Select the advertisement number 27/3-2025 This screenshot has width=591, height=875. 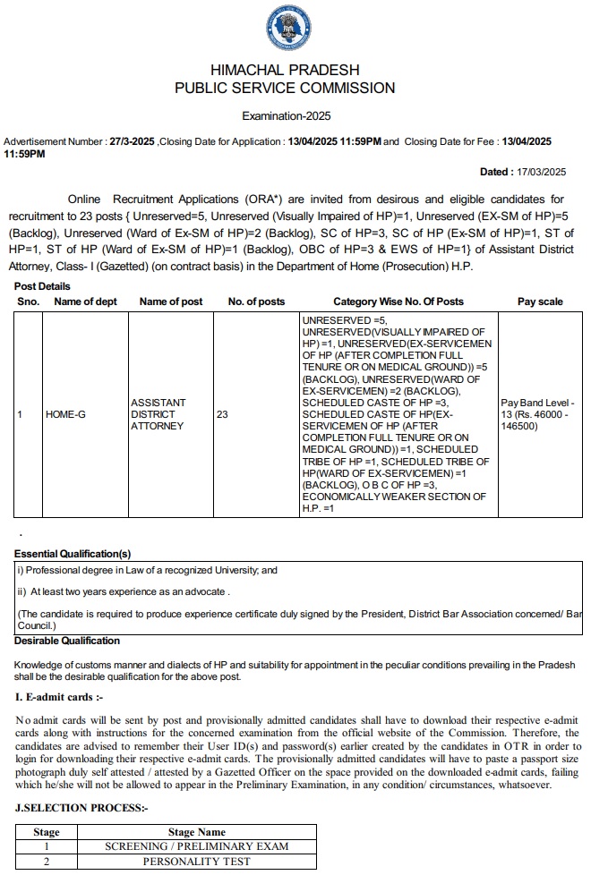[x=131, y=141]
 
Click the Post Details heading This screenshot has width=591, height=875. [x=42, y=286]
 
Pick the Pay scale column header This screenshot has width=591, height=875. [x=540, y=302]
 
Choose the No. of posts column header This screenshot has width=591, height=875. [x=256, y=302]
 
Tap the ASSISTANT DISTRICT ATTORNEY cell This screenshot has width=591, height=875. [x=158, y=414]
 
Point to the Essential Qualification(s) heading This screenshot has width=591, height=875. [x=73, y=555]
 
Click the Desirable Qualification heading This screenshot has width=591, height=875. [x=67, y=641]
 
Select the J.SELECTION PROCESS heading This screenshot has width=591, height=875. [x=81, y=808]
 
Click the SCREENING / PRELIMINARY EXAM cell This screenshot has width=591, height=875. [x=197, y=846]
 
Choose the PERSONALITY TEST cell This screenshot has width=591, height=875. [x=197, y=862]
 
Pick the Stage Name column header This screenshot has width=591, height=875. [x=197, y=832]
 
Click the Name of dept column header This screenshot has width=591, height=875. [x=86, y=302]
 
